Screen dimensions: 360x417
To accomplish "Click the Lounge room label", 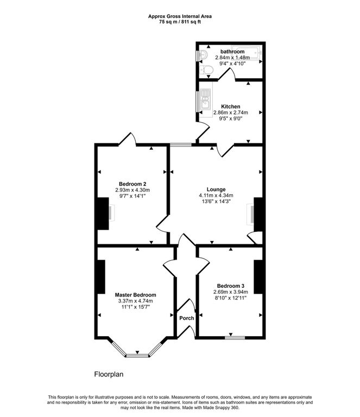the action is pyautogui.click(x=216, y=189).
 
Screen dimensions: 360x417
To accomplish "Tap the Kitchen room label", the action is pyautogui.click(x=231, y=106).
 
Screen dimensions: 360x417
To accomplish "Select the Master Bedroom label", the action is pyautogui.click(x=135, y=295).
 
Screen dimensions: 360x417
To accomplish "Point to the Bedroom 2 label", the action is pyautogui.click(x=132, y=184).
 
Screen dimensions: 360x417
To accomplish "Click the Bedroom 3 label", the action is pyautogui.click(x=231, y=286).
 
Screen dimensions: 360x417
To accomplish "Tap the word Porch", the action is pyautogui.click(x=187, y=318).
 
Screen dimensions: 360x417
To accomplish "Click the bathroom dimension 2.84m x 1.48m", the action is pyautogui.click(x=232, y=58).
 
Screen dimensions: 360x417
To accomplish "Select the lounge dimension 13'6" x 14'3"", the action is pyautogui.click(x=216, y=201).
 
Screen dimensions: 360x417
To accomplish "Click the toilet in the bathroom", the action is pyautogui.click(x=206, y=70).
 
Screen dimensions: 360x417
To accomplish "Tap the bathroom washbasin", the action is pyautogui.click(x=203, y=54).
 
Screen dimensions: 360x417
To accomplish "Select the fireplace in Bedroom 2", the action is pyautogui.click(x=111, y=212).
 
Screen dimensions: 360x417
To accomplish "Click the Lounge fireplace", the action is pyautogui.click(x=250, y=214).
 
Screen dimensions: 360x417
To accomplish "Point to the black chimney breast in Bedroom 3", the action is pyautogui.click(x=258, y=277).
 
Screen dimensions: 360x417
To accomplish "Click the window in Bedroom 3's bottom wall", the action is pyautogui.click(x=235, y=338).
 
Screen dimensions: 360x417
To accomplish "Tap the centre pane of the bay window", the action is pyautogui.click(x=137, y=355).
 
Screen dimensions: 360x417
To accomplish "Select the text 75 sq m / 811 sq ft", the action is pyautogui.click(x=180, y=22).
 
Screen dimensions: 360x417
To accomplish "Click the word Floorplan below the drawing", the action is pyautogui.click(x=109, y=375).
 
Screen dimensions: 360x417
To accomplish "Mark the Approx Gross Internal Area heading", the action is pyautogui.click(x=180, y=16).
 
